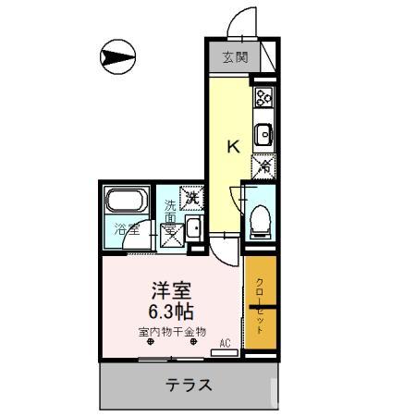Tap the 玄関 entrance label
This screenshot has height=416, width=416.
tap(235, 57)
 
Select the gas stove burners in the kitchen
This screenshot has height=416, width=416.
tap(263, 96)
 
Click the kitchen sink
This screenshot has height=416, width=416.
tap(263, 135)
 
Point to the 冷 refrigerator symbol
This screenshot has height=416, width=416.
tap(263, 167)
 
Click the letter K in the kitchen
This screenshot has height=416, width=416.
tap(234, 145)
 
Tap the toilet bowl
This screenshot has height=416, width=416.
tap(259, 218)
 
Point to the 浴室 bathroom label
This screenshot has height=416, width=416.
tap(127, 228)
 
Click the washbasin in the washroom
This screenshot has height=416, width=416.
tap(194, 230)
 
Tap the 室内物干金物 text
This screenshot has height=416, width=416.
tap(171, 331)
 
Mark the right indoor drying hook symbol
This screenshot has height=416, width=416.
tap(194, 344)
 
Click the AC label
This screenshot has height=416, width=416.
tap(225, 342)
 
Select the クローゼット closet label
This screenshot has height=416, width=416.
tap(260, 306)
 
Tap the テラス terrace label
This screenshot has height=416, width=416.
tap(189, 385)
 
